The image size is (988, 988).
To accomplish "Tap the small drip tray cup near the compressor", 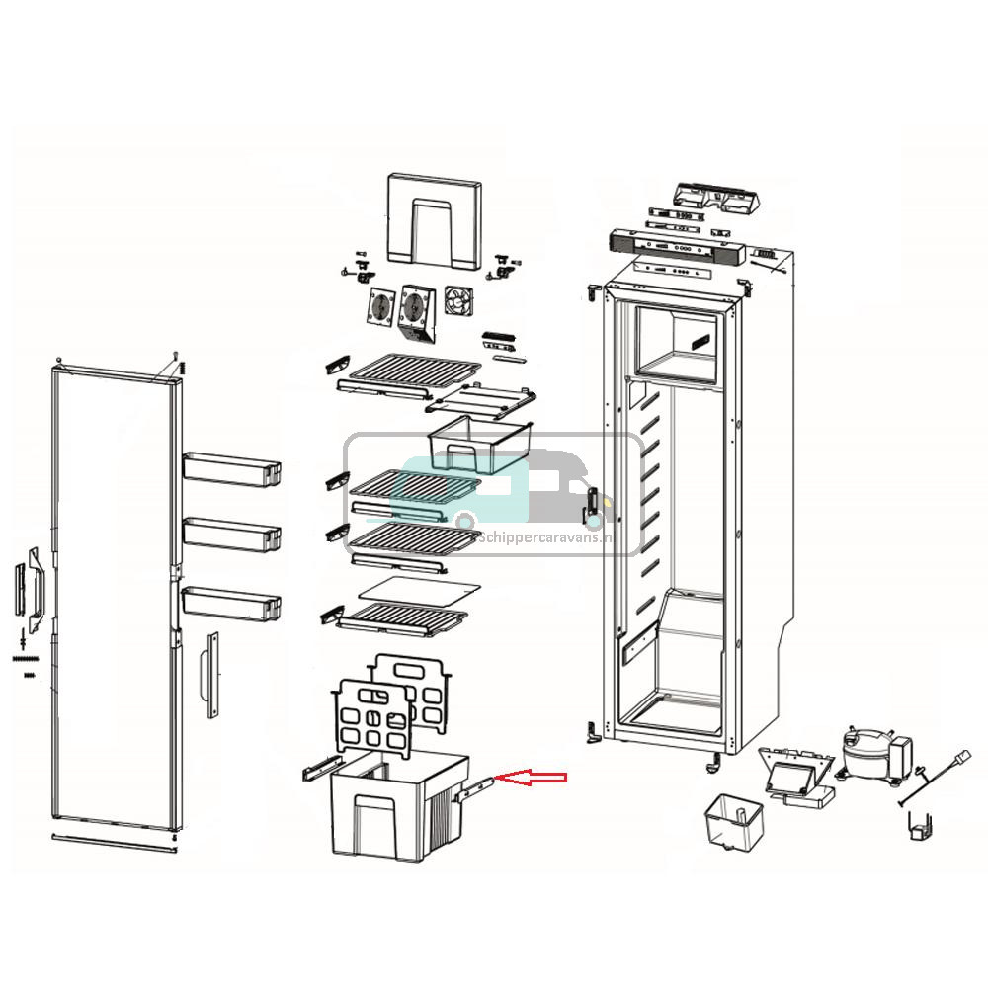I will pyautogui.click(x=735, y=819).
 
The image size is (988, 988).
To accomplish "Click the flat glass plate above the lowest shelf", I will pyautogui.click(x=418, y=590).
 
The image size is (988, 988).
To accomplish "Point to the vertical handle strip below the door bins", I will pyautogui.click(x=209, y=675).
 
